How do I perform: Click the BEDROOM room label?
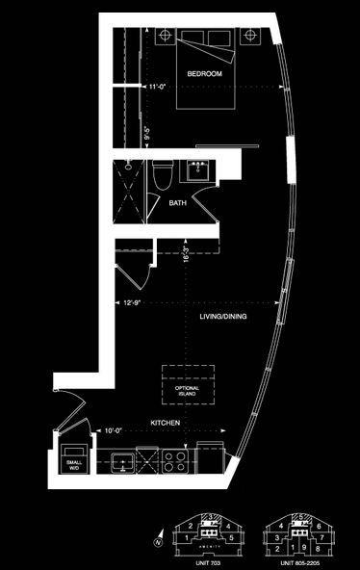pyautogui.click(x=204, y=74)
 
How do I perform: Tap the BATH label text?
pyautogui.click(x=178, y=203)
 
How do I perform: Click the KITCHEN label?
pyautogui.click(x=167, y=423)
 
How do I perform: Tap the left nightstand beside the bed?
pyautogui.click(x=165, y=37)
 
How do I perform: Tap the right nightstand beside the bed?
pyautogui.click(x=251, y=37)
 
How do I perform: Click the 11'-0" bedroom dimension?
pyautogui.click(x=160, y=87)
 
